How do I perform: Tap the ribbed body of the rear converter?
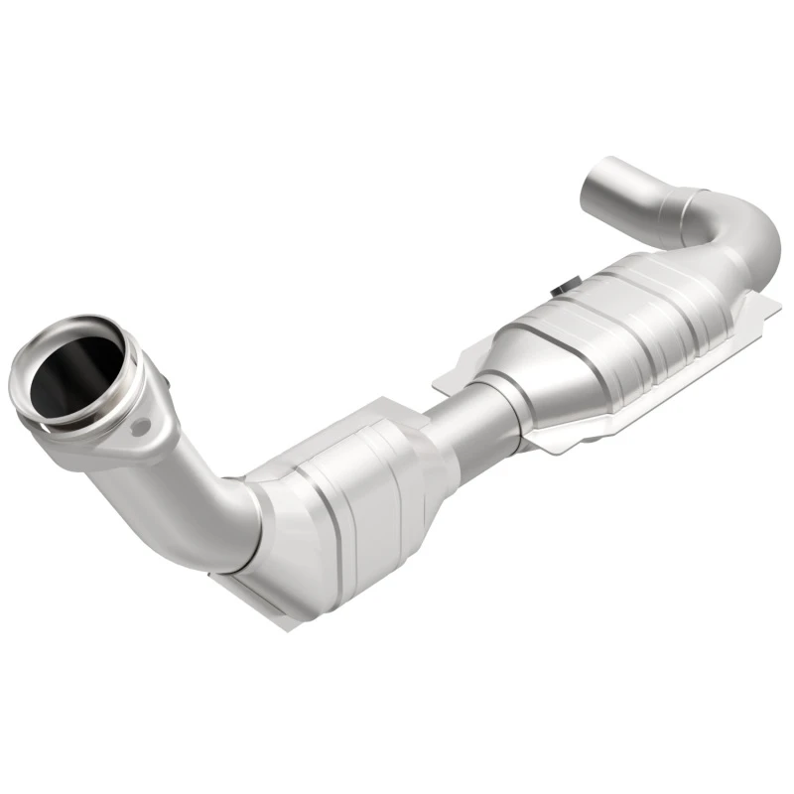click(605, 328)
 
